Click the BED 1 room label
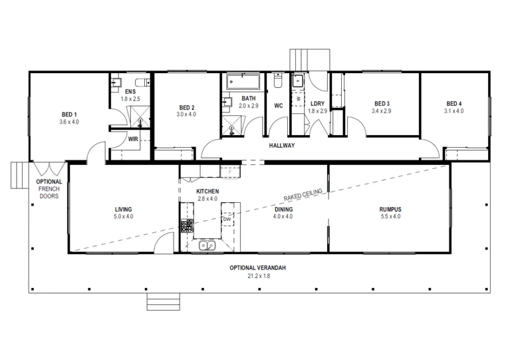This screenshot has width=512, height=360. tap(68, 114)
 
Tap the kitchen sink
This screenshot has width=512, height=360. tap(209, 246)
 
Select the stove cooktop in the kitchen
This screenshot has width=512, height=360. tap(187, 226)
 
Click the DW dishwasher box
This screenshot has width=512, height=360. tap(227, 219)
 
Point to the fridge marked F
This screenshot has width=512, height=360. tap(229, 172)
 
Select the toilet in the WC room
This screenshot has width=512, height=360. tap(278, 81)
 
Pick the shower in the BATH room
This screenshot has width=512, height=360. tap(233, 126)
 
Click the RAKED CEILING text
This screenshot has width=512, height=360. tap(303, 195)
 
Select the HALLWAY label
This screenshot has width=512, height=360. tap(282, 146)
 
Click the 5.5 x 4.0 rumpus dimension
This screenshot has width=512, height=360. tap(390, 216)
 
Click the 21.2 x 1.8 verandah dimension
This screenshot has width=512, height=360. tap(257, 275)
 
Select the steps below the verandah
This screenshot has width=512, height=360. tap(164, 302)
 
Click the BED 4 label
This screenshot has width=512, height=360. tap(454, 103)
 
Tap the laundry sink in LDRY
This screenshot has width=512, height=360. tap(297, 82)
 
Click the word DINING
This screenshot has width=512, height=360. tap(284, 208)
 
